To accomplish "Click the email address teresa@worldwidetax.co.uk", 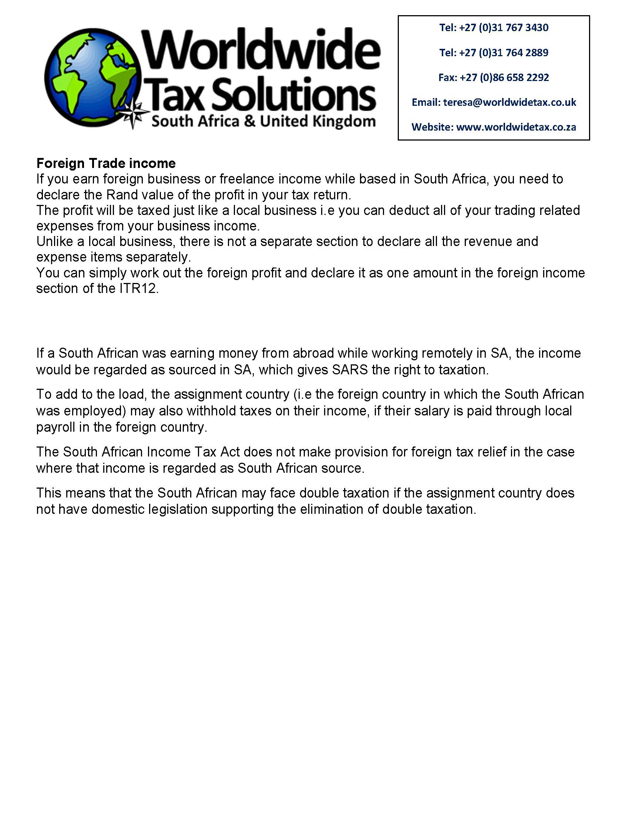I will (509, 102).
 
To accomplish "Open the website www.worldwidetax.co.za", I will (516, 127).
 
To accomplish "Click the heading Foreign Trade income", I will (106, 163).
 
